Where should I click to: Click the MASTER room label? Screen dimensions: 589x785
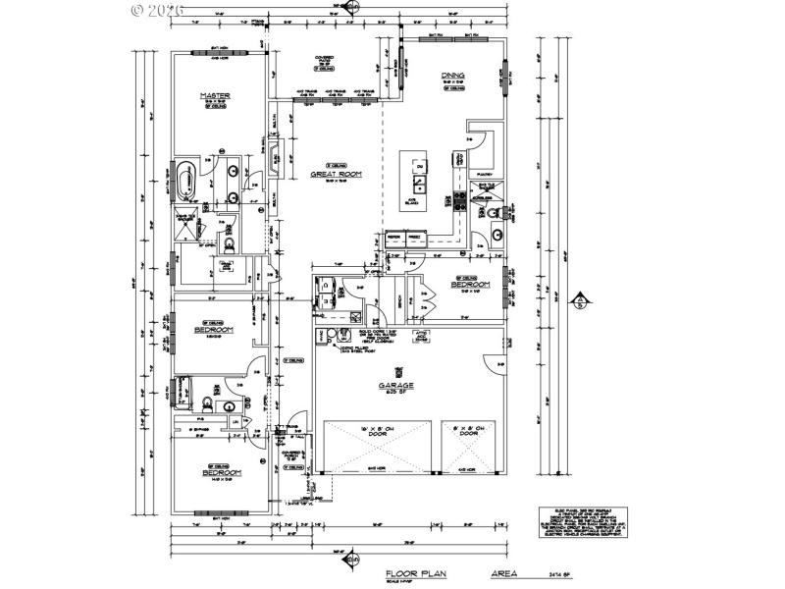pyautogui.click(x=215, y=95)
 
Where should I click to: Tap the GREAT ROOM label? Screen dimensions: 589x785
pyautogui.click(x=337, y=174)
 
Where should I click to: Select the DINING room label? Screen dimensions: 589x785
pyautogui.click(x=452, y=76)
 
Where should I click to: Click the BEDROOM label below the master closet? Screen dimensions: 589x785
pyautogui.click(x=214, y=330)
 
